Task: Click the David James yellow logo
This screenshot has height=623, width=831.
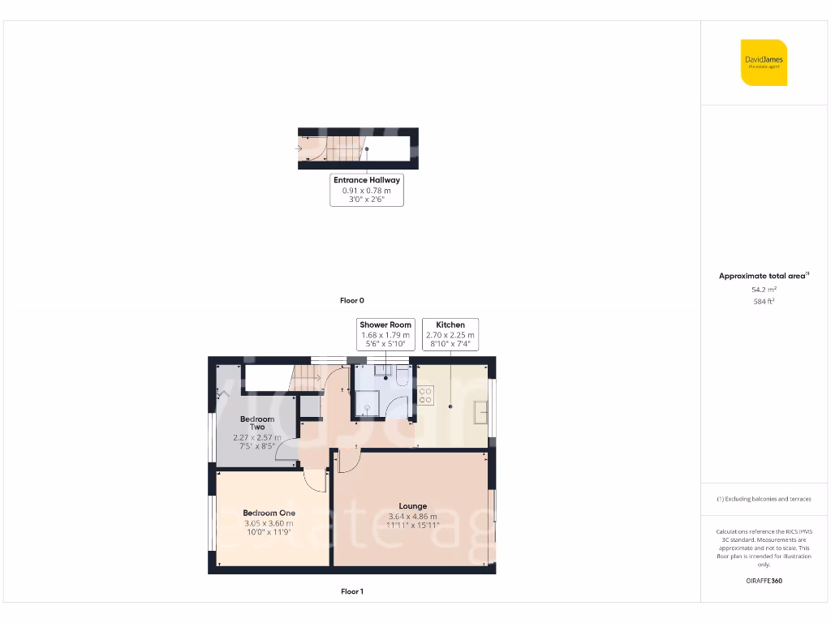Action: pyautogui.click(x=764, y=62)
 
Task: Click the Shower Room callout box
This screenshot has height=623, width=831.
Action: pyautogui.click(x=385, y=334)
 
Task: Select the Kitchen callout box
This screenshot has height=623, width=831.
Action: pyautogui.click(x=450, y=334)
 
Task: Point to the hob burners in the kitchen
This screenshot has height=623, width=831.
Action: pyautogui.click(x=424, y=396)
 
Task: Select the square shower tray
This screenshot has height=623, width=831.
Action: pyautogui.click(x=368, y=402)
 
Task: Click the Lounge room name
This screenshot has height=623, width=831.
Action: pyautogui.click(x=412, y=506)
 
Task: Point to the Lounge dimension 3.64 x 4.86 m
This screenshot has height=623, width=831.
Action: pyautogui.click(x=412, y=516)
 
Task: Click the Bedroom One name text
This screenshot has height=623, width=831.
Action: pyautogui.click(x=269, y=513)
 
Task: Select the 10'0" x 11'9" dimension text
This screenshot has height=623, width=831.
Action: pyautogui.click(x=269, y=532)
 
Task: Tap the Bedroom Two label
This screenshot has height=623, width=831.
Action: pyautogui.click(x=257, y=423)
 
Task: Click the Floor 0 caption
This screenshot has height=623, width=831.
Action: pyautogui.click(x=351, y=301)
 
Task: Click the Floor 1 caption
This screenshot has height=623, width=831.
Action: pyautogui.click(x=351, y=592)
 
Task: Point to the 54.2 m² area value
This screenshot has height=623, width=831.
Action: pyautogui.click(x=764, y=289)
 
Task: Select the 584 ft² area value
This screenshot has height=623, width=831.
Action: pyautogui.click(x=764, y=302)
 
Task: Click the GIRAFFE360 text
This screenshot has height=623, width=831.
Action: pyautogui.click(x=764, y=581)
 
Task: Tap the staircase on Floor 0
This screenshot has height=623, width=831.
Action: pyautogui.click(x=344, y=148)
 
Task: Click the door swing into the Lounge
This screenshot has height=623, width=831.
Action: pyautogui.click(x=344, y=462)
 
